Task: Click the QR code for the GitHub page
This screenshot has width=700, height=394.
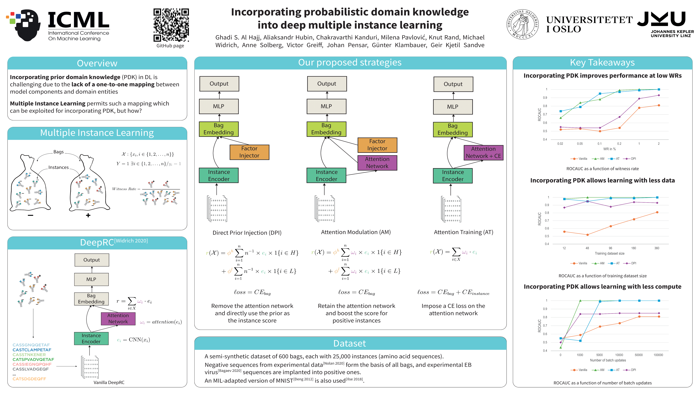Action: [171, 25]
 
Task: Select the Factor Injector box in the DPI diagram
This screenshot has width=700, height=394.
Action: [249, 152]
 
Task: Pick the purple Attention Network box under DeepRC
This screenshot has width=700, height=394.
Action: [118, 318]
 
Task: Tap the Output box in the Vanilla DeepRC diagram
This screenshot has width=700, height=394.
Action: [92, 260]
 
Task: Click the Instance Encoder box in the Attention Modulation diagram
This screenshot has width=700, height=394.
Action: [326, 175]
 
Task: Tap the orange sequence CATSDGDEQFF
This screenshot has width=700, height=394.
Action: [29, 379]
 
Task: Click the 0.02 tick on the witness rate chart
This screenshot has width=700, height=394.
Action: [560, 144]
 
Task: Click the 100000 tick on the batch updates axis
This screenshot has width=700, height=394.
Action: [658, 355]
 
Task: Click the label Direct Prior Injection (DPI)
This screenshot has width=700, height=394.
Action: [247, 233]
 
